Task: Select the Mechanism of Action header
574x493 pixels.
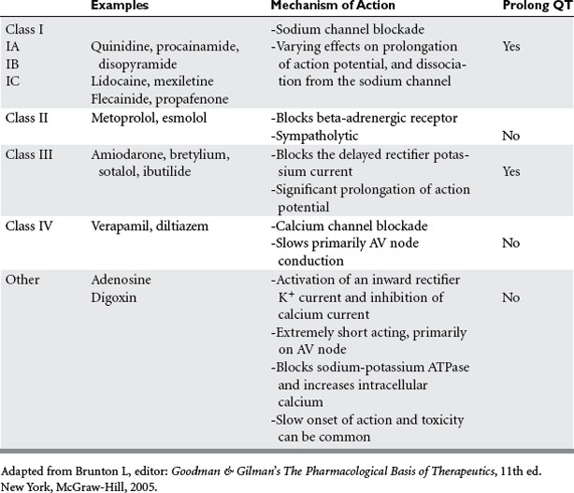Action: coord(328,7)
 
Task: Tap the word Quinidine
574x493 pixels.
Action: coord(119,45)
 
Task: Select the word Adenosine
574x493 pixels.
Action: coord(121,279)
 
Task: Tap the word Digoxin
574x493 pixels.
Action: coord(113,297)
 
